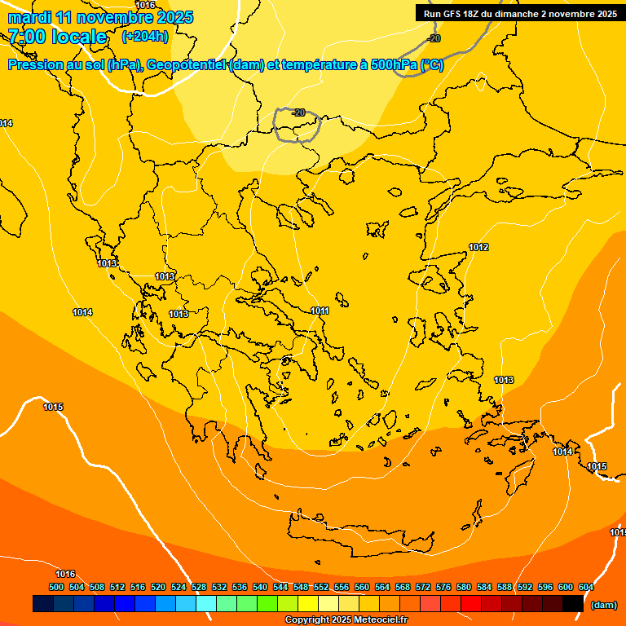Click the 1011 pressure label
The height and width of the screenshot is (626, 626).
(x=320, y=311)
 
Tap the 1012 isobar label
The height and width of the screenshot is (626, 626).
(x=478, y=247)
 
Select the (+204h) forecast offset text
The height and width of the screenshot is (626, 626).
(x=145, y=36)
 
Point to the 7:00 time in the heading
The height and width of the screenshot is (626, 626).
(x=25, y=37)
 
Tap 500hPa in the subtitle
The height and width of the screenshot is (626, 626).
(x=390, y=65)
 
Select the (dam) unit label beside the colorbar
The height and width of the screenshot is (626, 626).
(x=603, y=604)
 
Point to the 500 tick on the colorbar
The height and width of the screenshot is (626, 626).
(x=56, y=587)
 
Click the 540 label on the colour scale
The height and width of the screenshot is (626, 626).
(x=260, y=587)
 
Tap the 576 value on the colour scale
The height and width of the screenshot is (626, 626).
(x=443, y=587)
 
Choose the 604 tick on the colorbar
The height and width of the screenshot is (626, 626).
(x=586, y=587)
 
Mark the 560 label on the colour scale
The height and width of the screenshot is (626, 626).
(x=362, y=587)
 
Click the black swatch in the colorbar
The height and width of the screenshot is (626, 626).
(x=573, y=604)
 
